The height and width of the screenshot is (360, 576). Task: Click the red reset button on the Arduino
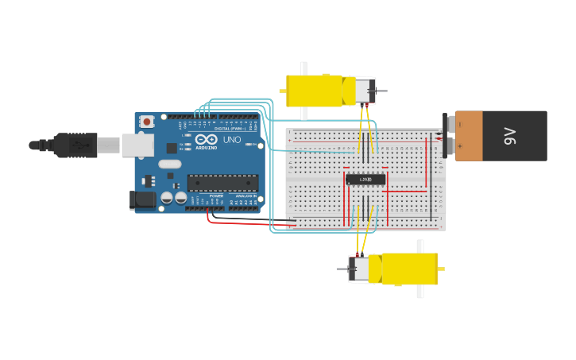point(147,122)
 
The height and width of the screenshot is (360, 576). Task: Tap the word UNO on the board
point(232,141)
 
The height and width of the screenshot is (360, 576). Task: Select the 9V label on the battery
point(510,136)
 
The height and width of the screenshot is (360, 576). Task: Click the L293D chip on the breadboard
point(365,180)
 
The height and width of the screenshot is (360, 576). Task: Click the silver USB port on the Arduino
point(137,145)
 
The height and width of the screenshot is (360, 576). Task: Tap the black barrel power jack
point(144,199)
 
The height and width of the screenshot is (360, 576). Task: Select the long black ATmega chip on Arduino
point(222,183)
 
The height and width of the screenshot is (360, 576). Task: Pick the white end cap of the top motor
point(365,91)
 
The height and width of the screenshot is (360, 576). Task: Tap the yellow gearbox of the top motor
point(314,91)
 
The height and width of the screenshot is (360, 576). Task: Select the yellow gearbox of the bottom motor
point(409,269)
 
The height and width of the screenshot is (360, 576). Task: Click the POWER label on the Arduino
point(216,195)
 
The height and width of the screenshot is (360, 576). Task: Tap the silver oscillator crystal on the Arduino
point(169,165)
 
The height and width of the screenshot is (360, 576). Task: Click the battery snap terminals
point(450,135)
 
